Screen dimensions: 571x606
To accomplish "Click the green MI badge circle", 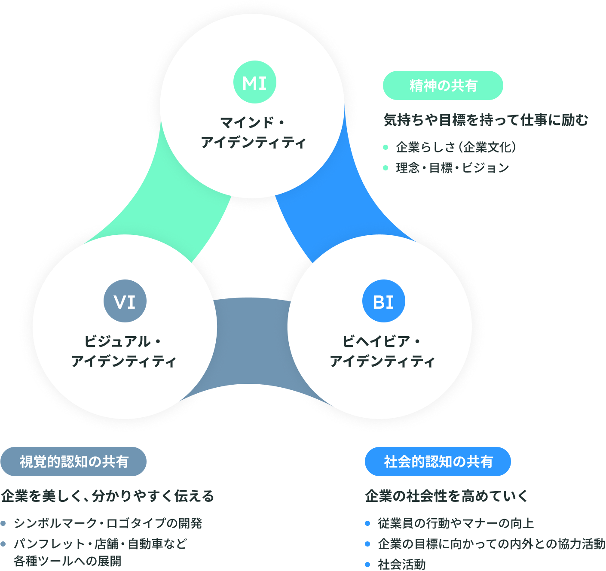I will pos(255,82).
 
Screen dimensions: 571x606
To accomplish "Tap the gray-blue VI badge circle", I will pos(125,301).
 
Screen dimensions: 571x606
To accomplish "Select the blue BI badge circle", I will pos(384,301).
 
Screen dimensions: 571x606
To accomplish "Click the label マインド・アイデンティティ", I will pos(253,132).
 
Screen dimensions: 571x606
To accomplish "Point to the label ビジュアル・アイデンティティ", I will pos(124,351).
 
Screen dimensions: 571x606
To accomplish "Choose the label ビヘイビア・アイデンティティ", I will pos(382,351).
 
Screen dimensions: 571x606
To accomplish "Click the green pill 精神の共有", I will pos(443,85).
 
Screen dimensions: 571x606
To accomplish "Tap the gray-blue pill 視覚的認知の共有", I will pos(73,462).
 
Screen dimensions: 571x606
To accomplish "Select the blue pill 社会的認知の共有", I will pos(438,462).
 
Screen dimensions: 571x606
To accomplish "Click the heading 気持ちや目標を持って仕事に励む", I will pos(486,120).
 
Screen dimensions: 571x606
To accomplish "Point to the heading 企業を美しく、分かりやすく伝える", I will pos(107,496).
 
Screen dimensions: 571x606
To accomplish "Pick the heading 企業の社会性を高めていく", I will pos(447,496).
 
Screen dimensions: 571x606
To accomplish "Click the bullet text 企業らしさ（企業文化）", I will pos(456,147).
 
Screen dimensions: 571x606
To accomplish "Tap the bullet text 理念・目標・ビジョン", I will pos(453,167).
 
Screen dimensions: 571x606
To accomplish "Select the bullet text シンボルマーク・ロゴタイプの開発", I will pos(108,523).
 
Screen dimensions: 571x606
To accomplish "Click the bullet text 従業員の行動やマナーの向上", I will pos(456,523).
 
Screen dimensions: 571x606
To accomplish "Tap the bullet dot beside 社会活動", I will pos(367,564).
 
